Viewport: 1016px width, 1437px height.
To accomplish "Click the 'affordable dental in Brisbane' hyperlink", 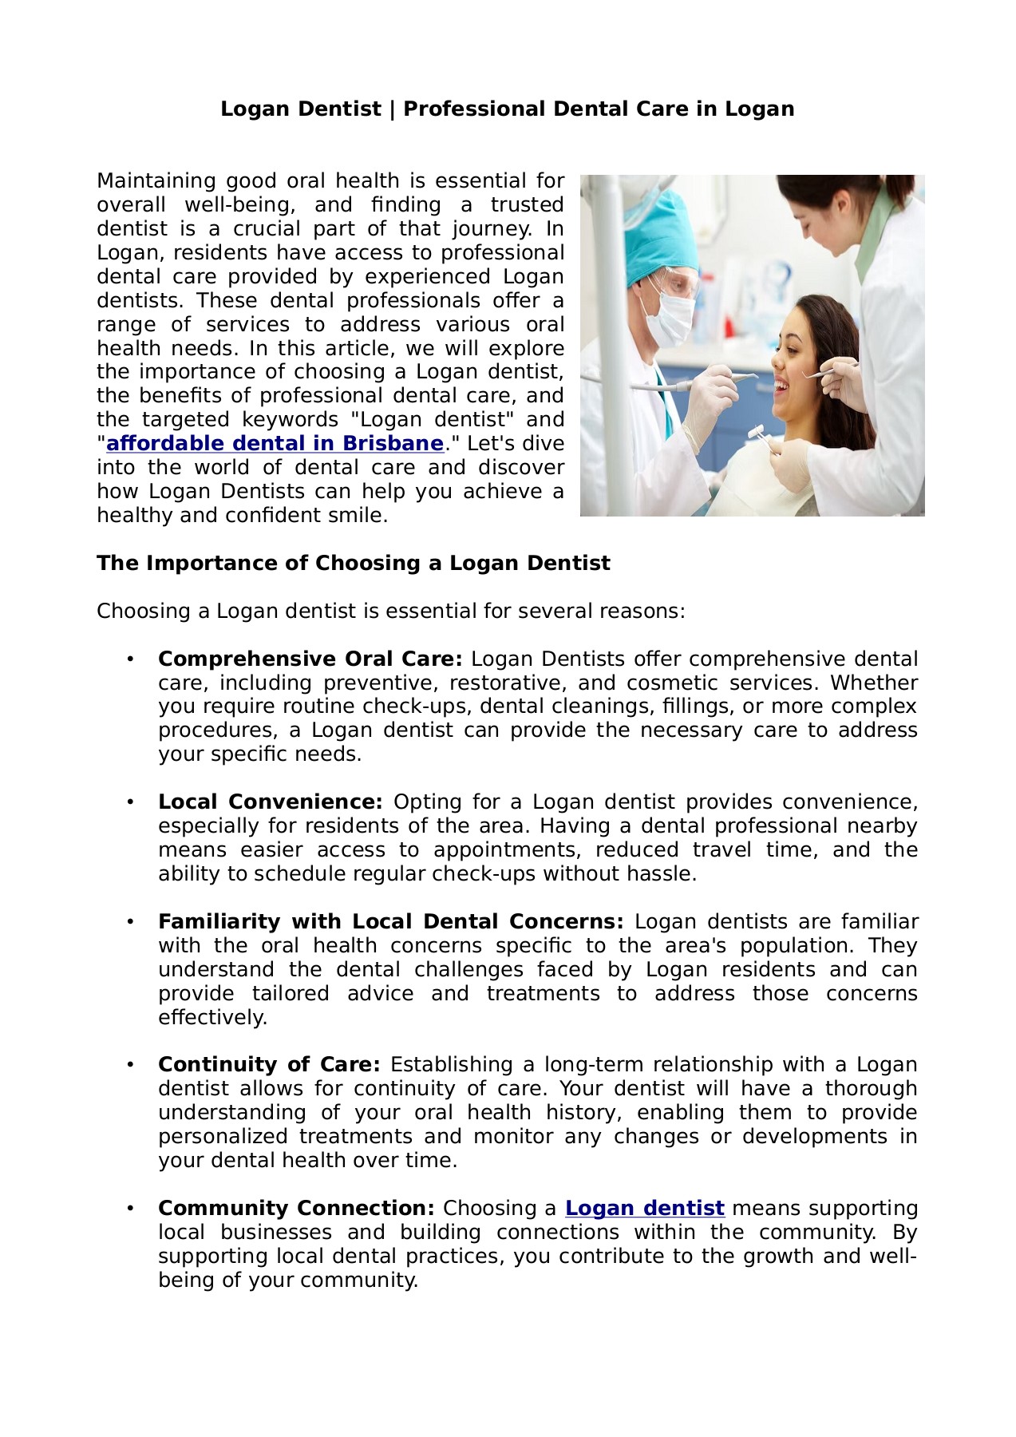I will tap(275, 444).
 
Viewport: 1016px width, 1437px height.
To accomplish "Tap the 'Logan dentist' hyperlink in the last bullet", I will tap(644, 1209).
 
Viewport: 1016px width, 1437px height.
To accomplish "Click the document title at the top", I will tap(508, 109).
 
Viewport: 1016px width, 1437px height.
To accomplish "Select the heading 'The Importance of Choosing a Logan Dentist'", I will tap(353, 564).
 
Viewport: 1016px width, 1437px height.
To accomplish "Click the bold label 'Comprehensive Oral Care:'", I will tap(310, 659).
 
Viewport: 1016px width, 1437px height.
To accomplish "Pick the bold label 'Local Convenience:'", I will tap(270, 802).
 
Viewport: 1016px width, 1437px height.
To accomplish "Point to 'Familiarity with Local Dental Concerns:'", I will tap(390, 922).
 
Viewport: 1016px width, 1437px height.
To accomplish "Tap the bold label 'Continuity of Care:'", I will tap(269, 1065).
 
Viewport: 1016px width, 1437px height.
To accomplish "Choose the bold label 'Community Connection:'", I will tap(296, 1209).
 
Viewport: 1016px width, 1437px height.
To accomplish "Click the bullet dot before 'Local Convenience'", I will tap(128, 802).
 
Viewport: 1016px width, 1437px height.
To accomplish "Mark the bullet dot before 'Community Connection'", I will tap(128, 1209).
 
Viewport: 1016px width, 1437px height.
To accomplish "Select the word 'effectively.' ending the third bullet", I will tap(212, 1018).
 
